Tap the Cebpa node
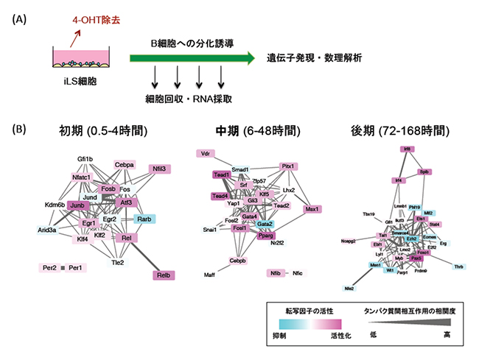point(122,165)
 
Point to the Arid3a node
point(46,230)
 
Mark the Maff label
point(210,275)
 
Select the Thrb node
point(458,266)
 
